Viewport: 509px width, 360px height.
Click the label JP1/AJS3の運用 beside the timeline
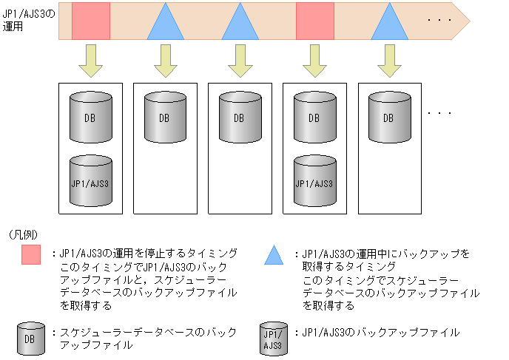tap(27, 20)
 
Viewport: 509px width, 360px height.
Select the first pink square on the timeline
tap(91, 21)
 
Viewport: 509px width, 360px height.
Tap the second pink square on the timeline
tap(315, 21)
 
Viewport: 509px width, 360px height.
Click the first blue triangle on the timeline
tap(166, 24)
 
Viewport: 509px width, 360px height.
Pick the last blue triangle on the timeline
tap(390, 24)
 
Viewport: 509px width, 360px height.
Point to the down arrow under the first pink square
tap(91, 61)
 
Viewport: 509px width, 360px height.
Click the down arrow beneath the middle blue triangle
tap(240, 61)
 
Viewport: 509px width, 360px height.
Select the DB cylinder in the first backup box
tap(90, 118)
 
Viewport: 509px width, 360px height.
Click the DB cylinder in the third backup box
tap(239, 118)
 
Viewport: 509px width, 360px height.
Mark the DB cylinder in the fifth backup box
tap(388, 118)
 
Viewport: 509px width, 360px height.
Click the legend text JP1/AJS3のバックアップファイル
tap(380, 333)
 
